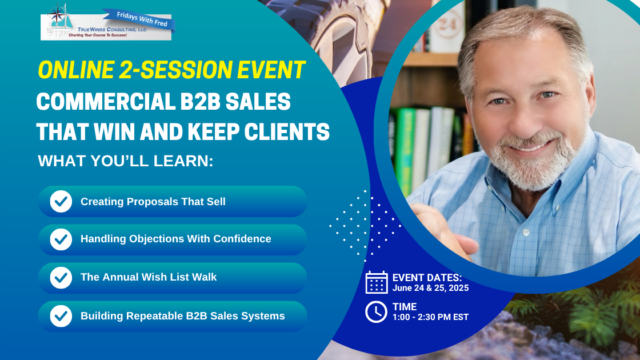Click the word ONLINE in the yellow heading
76,70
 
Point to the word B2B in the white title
201,102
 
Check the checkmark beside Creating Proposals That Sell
61,202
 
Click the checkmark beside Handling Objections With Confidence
61,239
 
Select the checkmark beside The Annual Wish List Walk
61,278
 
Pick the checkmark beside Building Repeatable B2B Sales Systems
61,317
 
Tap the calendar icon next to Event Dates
377,282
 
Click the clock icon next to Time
377,312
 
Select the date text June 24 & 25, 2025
431,288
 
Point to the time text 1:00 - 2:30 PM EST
431,317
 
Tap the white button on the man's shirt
526,233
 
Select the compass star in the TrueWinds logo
57,14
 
